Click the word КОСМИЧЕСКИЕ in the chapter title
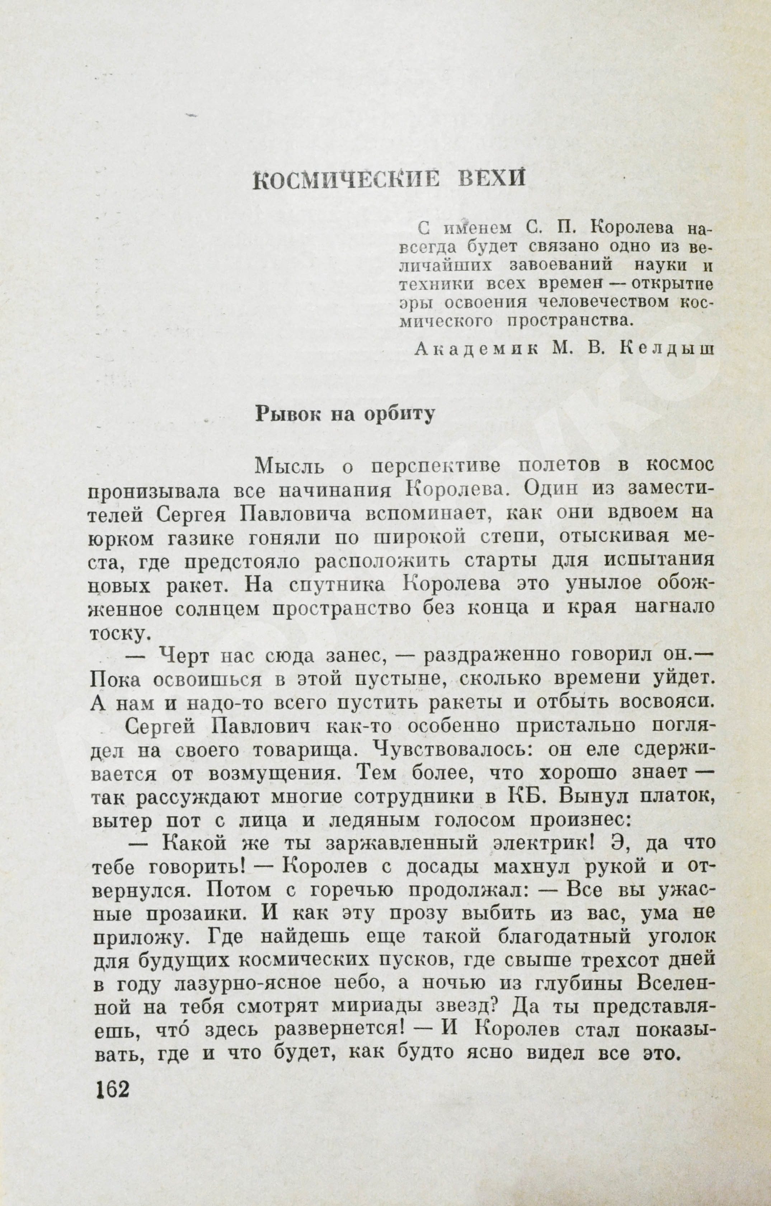[345, 180]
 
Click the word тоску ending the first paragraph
[119, 634]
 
